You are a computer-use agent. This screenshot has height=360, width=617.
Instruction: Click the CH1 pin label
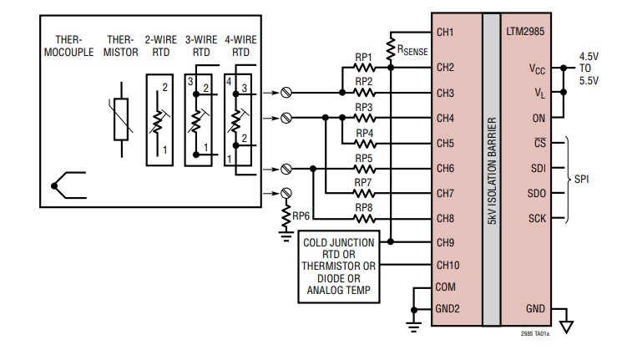445,33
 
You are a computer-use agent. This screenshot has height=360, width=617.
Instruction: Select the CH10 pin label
448,265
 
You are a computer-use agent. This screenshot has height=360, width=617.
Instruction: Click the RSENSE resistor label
412,50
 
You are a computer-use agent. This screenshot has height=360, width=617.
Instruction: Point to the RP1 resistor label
363,58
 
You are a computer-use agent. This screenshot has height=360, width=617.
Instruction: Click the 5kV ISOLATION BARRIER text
491,167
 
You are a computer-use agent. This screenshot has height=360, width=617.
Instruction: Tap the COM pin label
447,286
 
